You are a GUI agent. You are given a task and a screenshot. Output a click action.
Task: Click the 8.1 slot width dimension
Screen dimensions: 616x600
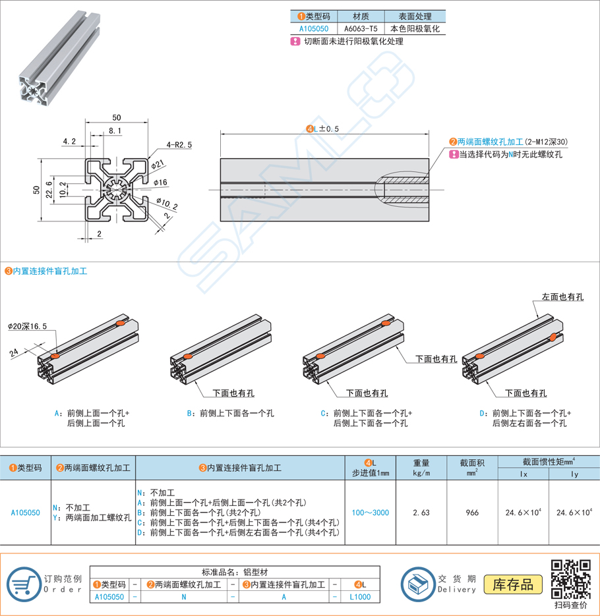coord(115,132)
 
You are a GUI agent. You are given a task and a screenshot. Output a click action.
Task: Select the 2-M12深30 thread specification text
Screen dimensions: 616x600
coord(547,142)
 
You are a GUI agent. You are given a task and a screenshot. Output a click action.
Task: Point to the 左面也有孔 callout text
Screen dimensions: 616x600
coord(562,297)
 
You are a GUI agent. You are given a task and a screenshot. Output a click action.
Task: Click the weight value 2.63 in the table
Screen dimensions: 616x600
coord(421,512)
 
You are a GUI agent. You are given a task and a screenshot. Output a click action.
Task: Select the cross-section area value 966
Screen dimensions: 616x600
coord(472,512)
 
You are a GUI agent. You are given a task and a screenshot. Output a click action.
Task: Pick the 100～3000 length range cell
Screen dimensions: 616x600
coord(370,512)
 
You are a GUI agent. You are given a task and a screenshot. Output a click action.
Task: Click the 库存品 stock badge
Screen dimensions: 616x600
coord(513,584)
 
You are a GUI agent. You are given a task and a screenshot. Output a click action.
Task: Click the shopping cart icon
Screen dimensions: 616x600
coord(24,583)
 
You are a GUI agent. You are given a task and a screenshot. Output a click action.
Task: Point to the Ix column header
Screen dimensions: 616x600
coord(524,474)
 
